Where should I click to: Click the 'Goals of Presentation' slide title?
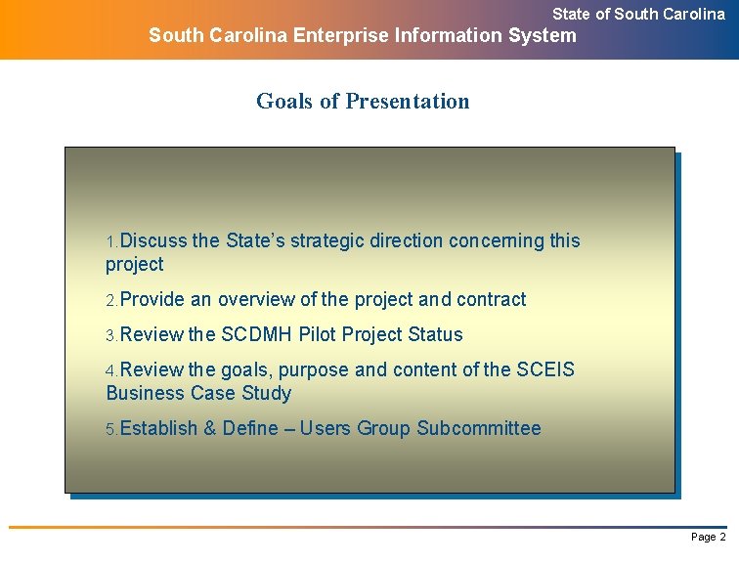click(x=363, y=101)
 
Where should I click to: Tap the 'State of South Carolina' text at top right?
click(x=638, y=14)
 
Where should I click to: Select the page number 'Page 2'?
click(x=708, y=537)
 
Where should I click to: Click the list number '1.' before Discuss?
click(x=111, y=241)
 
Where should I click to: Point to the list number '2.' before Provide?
click(x=111, y=300)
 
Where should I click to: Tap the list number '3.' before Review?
click(x=111, y=335)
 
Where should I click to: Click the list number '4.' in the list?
click(x=111, y=370)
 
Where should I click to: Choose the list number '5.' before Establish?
click(x=111, y=429)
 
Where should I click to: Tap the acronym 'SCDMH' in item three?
click(x=257, y=334)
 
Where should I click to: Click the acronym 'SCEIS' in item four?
click(x=545, y=369)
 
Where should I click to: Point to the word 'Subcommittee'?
click(x=478, y=428)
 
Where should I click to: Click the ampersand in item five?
click(x=210, y=428)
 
